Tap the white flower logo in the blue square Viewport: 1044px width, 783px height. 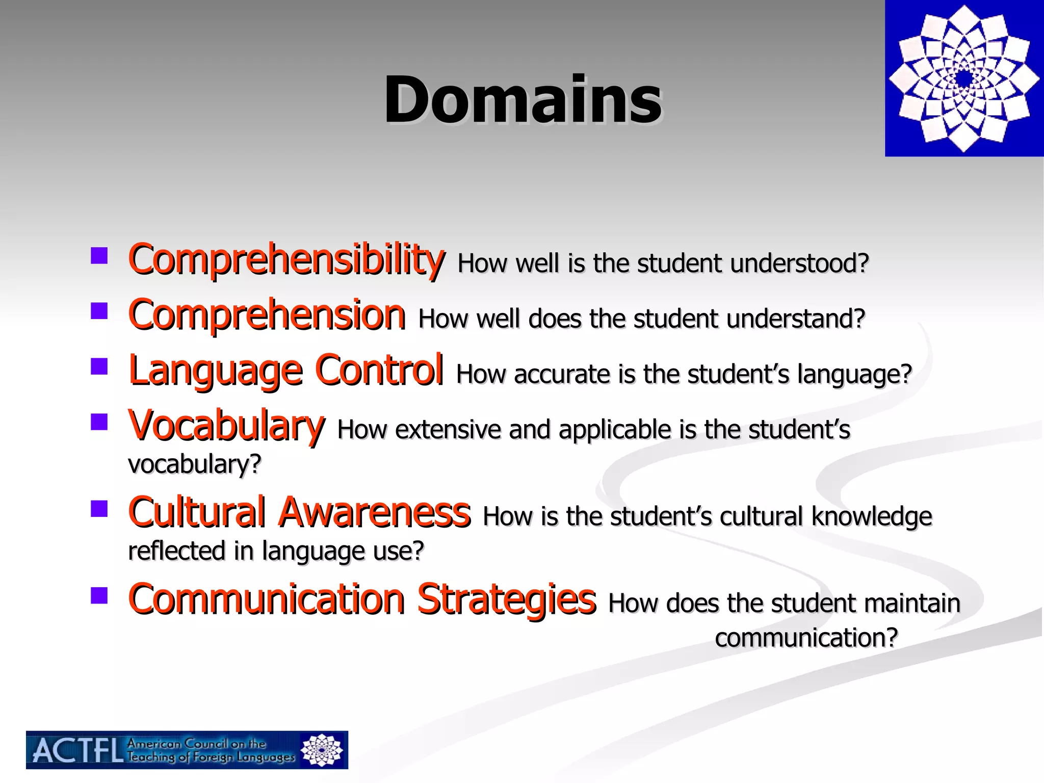[x=964, y=79]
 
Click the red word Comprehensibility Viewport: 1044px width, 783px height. [x=286, y=260]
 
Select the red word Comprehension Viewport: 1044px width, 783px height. [x=267, y=315]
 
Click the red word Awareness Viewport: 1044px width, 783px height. [x=375, y=512]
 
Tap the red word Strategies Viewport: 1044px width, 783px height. [x=506, y=599]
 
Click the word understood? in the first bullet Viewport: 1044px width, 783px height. [x=799, y=264]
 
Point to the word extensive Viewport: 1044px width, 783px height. [x=448, y=430]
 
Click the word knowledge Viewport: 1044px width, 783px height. [x=872, y=516]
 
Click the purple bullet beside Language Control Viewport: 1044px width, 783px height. [x=99, y=367]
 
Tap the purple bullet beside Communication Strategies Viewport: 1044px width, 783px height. [x=99, y=595]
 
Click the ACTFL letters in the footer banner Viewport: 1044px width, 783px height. [x=77, y=751]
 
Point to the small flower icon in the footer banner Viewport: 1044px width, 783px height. [x=321, y=750]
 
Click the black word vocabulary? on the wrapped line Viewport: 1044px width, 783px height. [x=194, y=464]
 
